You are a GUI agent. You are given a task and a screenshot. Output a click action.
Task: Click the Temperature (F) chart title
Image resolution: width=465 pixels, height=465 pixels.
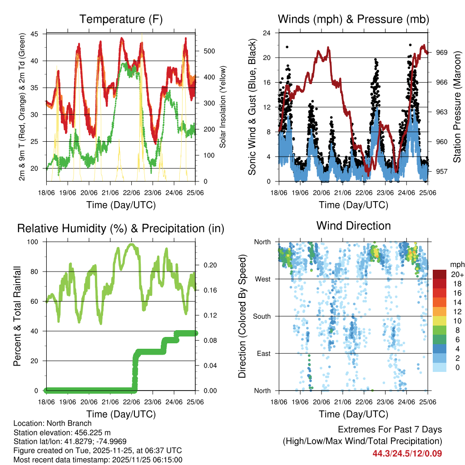tap(121, 19)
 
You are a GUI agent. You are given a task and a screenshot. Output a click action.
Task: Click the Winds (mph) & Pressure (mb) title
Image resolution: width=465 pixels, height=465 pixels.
tap(353, 19)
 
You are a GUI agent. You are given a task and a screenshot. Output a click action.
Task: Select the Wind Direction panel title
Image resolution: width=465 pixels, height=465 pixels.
tap(353, 225)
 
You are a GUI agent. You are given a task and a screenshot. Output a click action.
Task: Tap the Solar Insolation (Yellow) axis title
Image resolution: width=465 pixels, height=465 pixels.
tap(223, 107)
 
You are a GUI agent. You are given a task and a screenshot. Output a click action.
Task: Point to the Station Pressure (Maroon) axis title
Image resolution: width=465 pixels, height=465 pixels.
tap(457, 107)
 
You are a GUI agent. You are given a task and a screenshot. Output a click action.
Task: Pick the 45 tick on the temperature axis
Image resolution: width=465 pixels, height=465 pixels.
tap(40, 34)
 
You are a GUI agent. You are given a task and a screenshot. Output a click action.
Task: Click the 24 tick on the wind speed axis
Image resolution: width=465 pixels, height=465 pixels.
tap(267, 33)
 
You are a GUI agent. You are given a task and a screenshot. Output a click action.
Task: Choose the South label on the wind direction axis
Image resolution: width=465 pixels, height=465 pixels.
tap(261, 316)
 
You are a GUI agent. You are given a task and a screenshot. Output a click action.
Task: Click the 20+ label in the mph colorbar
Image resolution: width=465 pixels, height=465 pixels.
tap(455, 274)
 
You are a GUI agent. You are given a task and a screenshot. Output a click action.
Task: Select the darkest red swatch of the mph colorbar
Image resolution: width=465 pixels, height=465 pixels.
tap(439, 274)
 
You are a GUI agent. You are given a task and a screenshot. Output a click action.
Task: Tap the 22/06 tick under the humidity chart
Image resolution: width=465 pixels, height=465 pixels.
tap(131, 401)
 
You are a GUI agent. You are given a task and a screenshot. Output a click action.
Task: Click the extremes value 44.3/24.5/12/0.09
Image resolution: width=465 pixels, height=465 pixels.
tap(407, 453)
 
